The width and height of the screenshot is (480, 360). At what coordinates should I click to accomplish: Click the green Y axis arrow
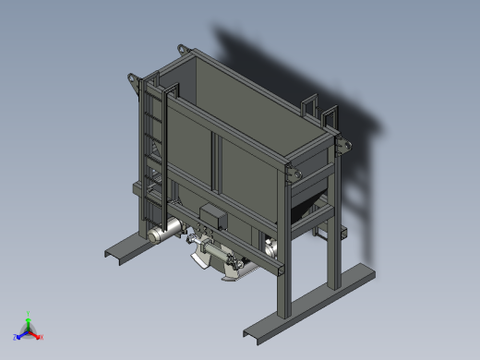click(x=29, y=317)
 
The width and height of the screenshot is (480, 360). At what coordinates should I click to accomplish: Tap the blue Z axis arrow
click(x=18, y=336)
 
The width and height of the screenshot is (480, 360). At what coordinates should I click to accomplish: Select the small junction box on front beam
click(x=213, y=216)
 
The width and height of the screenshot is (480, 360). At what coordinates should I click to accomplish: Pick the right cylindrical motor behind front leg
click(x=270, y=246)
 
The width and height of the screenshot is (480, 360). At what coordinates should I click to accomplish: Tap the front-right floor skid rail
click(x=309, y=300)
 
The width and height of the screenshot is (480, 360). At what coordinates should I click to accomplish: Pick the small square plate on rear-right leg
click(x=342, y=234)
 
